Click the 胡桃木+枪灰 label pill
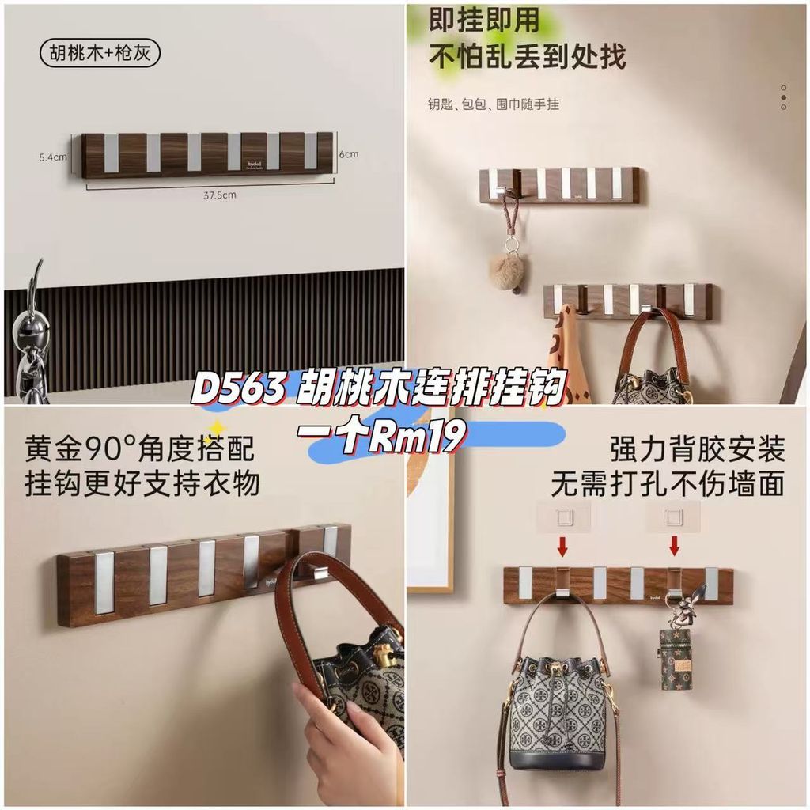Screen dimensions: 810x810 coord(100,54)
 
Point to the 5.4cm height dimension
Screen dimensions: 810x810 coord(52,157)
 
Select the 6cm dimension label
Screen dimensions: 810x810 coord(349,153)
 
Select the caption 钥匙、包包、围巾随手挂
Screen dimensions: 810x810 coord(494,104)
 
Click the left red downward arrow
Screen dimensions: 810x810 coord(562,546)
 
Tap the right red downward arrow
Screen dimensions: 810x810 coord(674,546)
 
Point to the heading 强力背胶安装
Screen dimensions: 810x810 coord(698,449)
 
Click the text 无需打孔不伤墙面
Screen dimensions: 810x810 coord(668,483)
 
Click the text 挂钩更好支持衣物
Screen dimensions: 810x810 coord(142,483)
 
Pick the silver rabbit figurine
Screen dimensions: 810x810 coord(32,332)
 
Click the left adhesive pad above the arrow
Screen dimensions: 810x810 coord(562,516)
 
